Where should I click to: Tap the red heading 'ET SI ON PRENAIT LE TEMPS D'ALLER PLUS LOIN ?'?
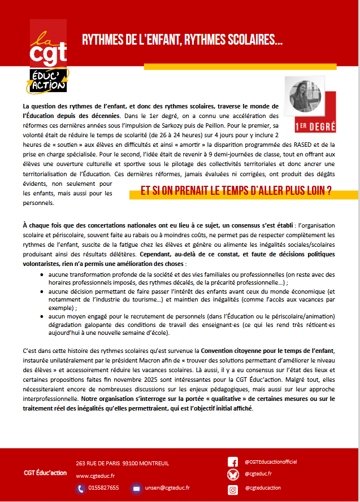236,191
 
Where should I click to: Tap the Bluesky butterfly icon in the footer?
232,475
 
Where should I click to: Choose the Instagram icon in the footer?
232,489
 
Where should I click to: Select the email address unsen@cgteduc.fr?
168,488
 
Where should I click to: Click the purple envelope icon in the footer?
136,488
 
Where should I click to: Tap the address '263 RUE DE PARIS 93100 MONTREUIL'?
122,463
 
